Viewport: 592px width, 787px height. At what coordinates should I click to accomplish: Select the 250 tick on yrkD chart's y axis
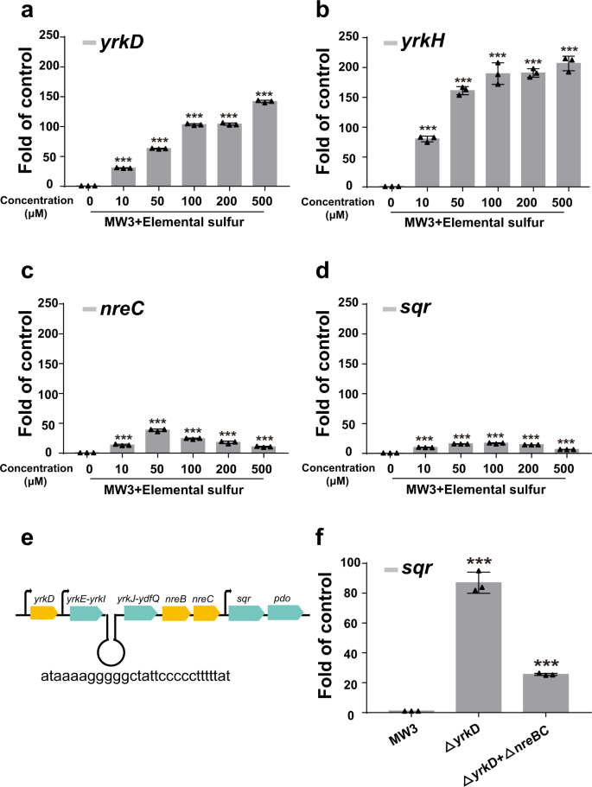[x=54, y=36]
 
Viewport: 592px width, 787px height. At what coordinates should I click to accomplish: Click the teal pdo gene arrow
[x=284, y=613]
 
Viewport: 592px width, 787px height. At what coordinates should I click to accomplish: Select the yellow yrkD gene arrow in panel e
[x=44, y=613]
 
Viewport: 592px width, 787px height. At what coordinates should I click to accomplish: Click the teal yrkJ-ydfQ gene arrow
[x=139, y=613]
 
